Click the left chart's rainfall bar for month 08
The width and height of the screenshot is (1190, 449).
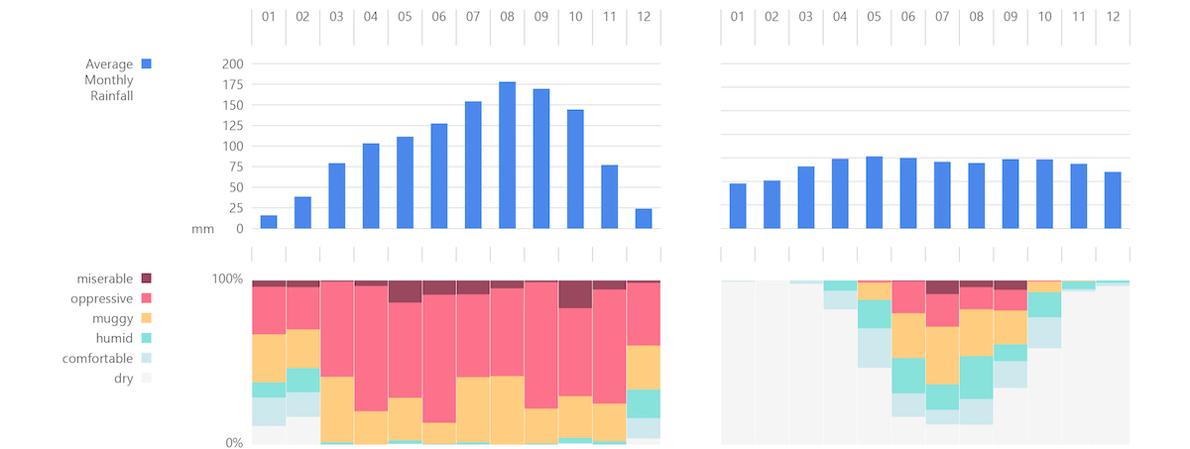pyautogui.click(x=507, y=156)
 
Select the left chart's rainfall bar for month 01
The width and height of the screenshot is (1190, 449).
pyautogui.click(x=269, y=222)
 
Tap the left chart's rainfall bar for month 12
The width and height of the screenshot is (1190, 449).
pyautogui.click(x=643, y=219)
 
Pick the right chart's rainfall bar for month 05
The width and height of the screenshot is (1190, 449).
pyautogui.click(x=874, y=192)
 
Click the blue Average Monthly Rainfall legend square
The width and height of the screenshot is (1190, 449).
pyautogui.click(x=146, y=64)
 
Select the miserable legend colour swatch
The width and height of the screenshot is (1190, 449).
pyautogui.click(x=146, y=279)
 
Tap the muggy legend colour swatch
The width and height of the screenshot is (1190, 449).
pyautogui.click(x=146, y=318)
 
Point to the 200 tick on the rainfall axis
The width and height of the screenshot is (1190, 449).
pyautogui.click(x=232, y=63)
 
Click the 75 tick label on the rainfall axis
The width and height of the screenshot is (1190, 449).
pyautogui.click(x=236, y=167)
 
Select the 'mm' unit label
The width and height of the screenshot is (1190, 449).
pyautogui.click(x=202, y=229)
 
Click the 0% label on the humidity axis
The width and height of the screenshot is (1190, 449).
pyautogui.click(x=233, y=443)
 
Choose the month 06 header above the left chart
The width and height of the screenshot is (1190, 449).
pyautogui.click(x=438, y=17)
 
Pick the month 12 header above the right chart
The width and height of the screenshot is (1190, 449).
pyautogui.click(x=1113, y=17)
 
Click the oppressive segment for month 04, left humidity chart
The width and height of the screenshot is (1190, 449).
pyautogui.click(x=371, y=347)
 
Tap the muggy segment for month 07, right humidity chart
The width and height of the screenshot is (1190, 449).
pyautogui.click(x=942, y=355)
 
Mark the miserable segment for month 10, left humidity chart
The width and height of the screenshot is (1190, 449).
pyautogui.click(x=575, y=294)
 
